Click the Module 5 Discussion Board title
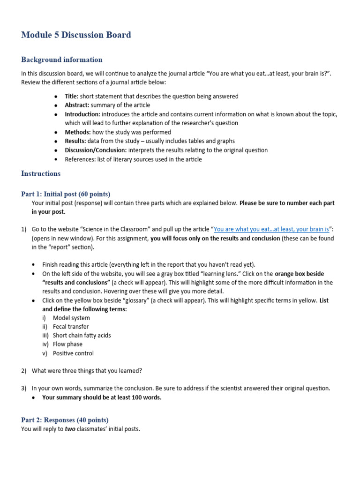pos(76,35)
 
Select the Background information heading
pos(61,60)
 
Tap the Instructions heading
pos(41,173)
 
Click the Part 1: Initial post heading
pos(66,194)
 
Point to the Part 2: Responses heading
pos(65,420)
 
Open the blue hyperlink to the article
pos(271,229)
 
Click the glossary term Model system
pos(71,318)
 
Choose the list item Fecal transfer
pos(71,327)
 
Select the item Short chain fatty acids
pos(82,336)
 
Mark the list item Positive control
pos(73,353)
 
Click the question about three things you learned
pos(87,371)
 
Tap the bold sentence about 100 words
pos(102,397)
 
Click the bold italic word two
pos(70,429)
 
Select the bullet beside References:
pos(56,159)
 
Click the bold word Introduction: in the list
pos(82,114)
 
